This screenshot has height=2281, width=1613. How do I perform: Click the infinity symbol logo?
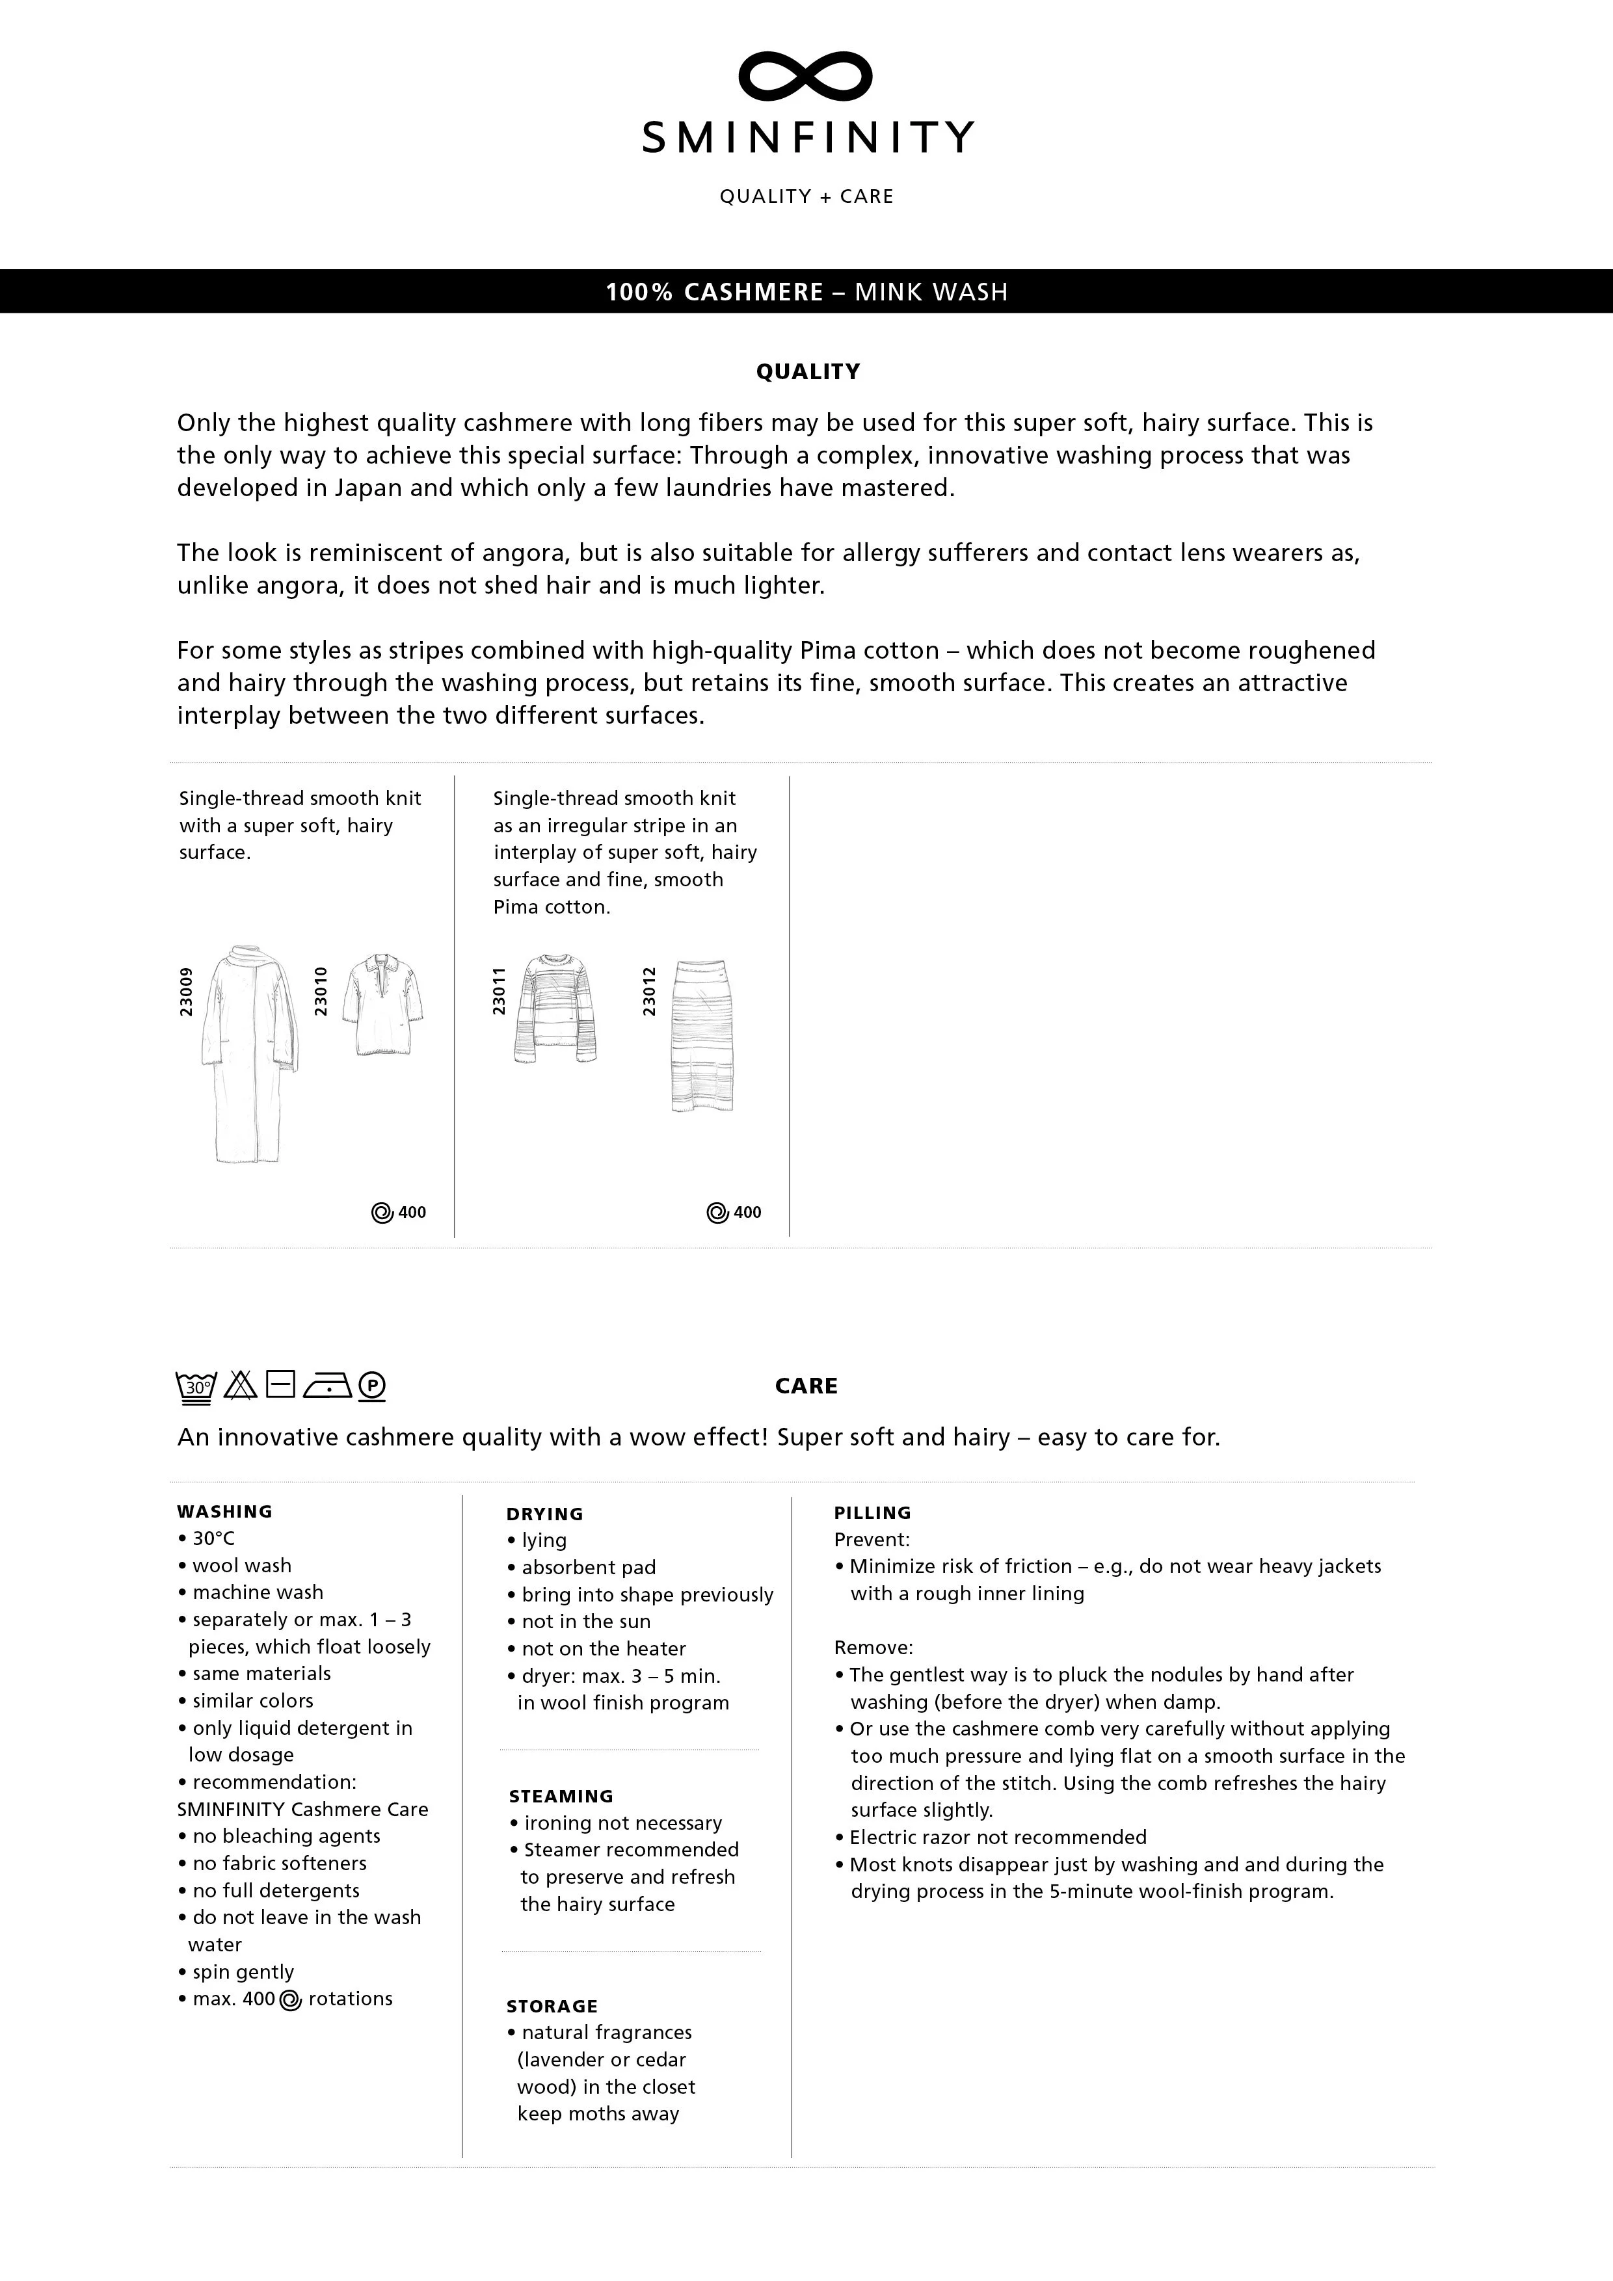(806, 77)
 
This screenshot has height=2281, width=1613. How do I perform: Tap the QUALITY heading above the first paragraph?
(808, 371)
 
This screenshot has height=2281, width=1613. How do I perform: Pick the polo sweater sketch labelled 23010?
(380, 1005)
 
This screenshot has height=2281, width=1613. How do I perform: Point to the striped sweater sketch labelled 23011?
(555, 1009)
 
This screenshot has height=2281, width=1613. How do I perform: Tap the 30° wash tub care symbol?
(196, 1386)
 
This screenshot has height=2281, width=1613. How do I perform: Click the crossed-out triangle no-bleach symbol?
(241, 1385)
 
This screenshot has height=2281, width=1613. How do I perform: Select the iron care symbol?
(327, 1385)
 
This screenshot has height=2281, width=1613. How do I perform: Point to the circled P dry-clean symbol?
(371, 1386)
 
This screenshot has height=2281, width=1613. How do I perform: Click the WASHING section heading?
(224, 1511)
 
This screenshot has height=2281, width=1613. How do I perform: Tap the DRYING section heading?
(544, 1514)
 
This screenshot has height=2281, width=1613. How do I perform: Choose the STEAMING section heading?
(561, 1796)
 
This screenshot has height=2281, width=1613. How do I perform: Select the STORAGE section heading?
(552, 2006)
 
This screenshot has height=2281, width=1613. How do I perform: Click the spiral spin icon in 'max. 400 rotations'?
(290, 2001)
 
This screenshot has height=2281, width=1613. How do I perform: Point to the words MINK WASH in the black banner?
(931, 292)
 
